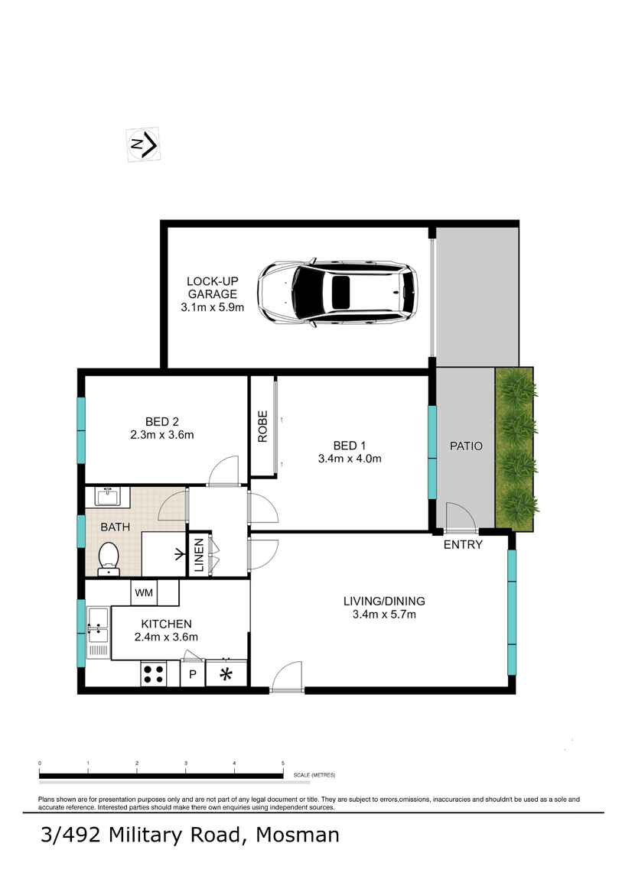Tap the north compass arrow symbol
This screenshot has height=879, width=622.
144,144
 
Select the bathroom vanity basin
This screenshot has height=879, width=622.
107,497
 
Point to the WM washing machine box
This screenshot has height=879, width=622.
144,592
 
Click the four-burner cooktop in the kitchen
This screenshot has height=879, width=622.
154,673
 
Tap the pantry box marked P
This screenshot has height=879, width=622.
193,674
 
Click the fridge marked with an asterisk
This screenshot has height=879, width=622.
226,673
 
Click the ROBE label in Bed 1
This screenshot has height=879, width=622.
262,427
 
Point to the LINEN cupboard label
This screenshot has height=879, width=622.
199,555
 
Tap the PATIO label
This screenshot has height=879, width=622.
466,446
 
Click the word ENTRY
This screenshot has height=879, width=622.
463,544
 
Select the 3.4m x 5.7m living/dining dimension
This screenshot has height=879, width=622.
384,615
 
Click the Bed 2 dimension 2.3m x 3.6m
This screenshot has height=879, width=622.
162,434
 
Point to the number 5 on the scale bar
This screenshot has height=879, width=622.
282,763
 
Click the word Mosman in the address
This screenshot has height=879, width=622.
298,835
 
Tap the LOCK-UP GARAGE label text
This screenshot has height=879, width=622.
213,287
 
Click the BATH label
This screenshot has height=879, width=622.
115,527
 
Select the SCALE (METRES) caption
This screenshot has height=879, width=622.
314,775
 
